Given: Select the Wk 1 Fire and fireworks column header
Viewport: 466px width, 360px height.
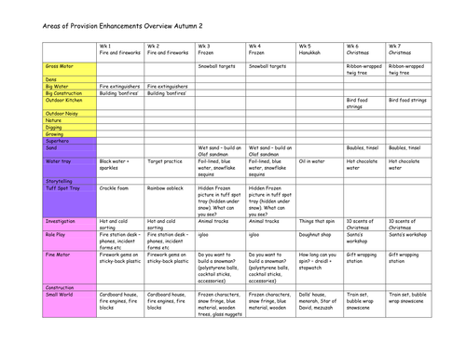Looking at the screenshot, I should point(119,49).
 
